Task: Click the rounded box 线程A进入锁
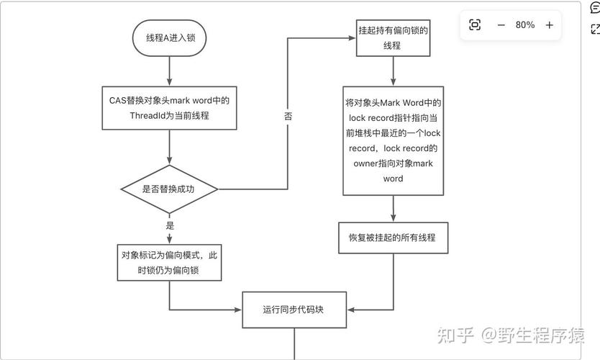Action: [170, 38]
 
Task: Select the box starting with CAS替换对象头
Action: [170, 108]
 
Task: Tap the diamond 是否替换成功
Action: [170, 189]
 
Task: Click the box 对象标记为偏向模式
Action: [170, 262]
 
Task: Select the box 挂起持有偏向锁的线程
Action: [393, 38]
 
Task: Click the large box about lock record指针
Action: [393, 140]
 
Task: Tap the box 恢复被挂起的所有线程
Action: [393, 237]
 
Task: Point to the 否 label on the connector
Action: [288, 115]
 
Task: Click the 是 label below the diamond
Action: [171, 225]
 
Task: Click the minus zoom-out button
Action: [501, 25]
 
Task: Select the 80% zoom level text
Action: [525, 25]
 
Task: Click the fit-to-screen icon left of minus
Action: [475, 25]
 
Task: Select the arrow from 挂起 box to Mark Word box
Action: [393, 71]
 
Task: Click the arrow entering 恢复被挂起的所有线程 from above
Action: [393, 209]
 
